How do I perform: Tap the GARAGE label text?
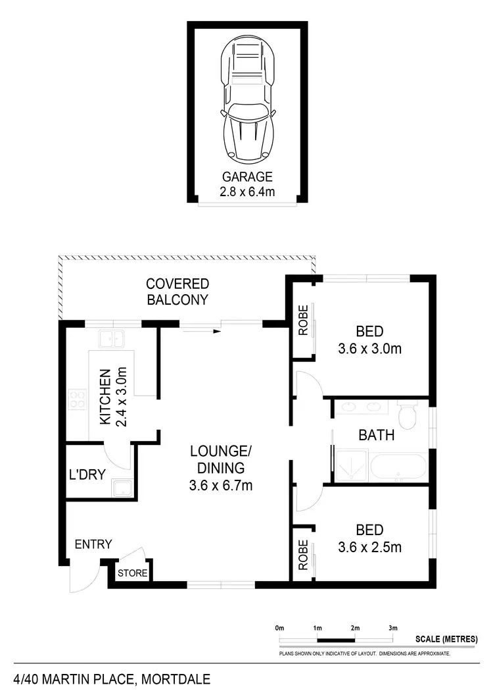pos(246,177)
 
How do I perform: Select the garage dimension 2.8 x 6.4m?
pos(246,192)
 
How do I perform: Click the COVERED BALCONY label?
pos(177,292)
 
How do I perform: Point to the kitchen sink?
pos(112,339)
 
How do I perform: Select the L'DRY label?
pos(87,474)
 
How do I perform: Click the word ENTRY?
pos(93,544)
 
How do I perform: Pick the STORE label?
pos(133,573)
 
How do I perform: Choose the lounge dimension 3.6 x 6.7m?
pos(221,486)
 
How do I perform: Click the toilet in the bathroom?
pos(408,415)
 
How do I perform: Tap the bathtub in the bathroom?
pos(398,468)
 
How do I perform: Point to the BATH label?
pos(376,434)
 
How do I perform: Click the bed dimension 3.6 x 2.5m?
pos(369,547)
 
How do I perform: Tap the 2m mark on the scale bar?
pos(356,629)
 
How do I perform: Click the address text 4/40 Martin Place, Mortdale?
pos(112,679)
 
